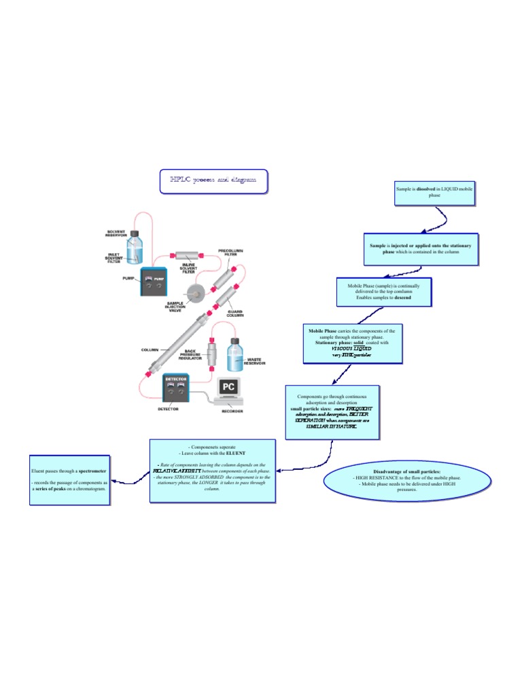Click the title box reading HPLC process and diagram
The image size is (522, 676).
(213, 180)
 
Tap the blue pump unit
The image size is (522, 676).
(151, 282)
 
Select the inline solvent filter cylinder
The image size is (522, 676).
(186, 258)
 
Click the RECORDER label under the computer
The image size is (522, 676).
(232, 411)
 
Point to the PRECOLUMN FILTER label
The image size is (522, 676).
(231, 252)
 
